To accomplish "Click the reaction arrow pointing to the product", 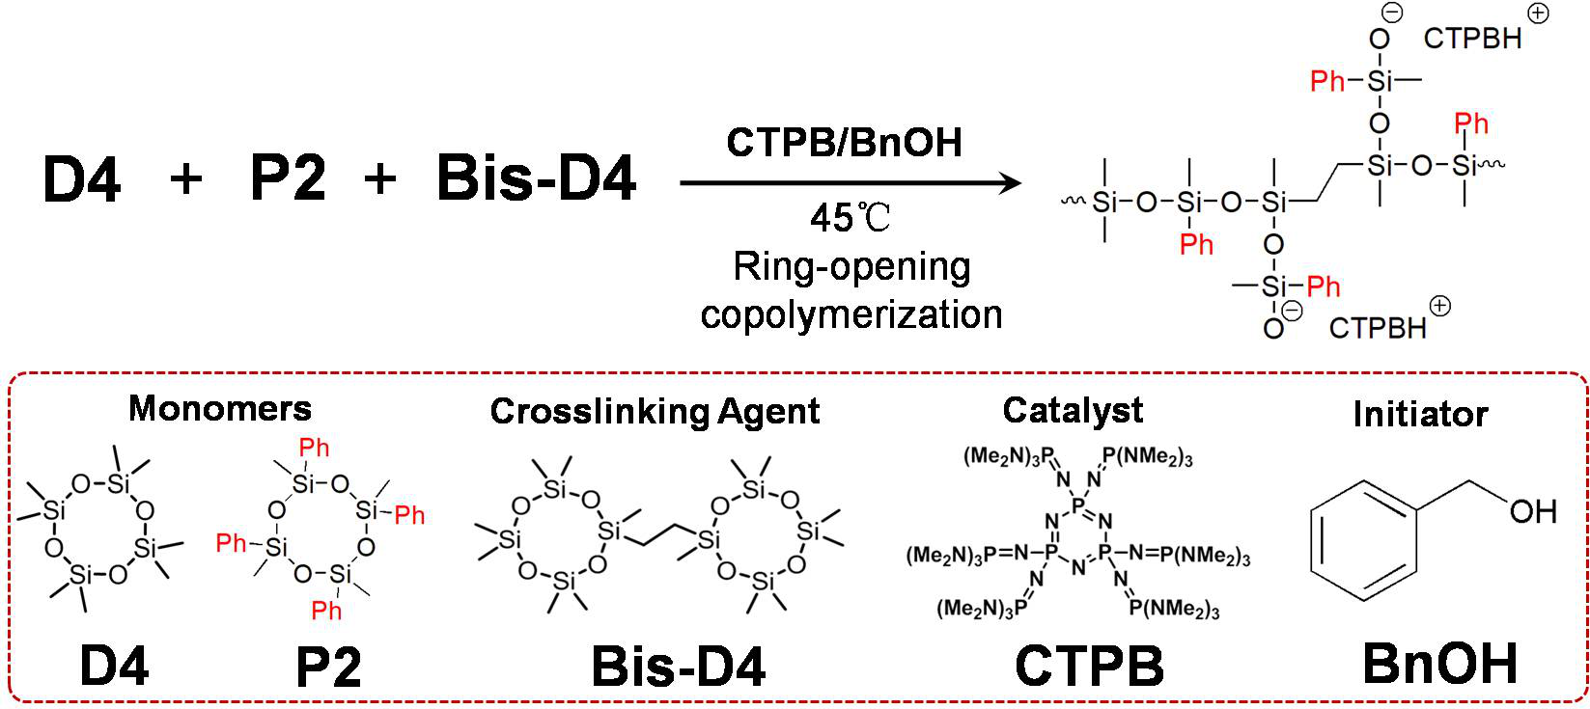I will [x=850, y=182].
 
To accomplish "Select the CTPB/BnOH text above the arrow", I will [x=844, y=143].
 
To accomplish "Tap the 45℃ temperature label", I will [x=850, y=219].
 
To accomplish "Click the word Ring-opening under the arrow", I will [x=851, y=267].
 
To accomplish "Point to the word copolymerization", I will [x=851, y=314].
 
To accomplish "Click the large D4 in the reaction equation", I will [x=82, y=179].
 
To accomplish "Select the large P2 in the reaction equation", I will [x=288, y=179].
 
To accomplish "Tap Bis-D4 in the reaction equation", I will [x=536, y=179].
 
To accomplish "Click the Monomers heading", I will [x=220, y=408].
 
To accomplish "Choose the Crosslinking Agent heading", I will [x=655, y=411].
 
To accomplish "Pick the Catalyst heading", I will [x=1073, y=410].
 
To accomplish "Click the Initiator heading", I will [x=1420, y=414].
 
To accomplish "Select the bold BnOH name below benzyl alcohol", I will [x=1439, y=665].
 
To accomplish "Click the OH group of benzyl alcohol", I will [x=1532, y=510].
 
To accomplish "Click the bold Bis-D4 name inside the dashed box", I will [x=679, y=667].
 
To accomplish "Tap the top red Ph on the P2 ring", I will [x=315, y=448].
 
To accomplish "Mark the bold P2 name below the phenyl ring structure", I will [x=328, y=667].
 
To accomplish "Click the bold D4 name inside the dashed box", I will [x=114, y=666].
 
